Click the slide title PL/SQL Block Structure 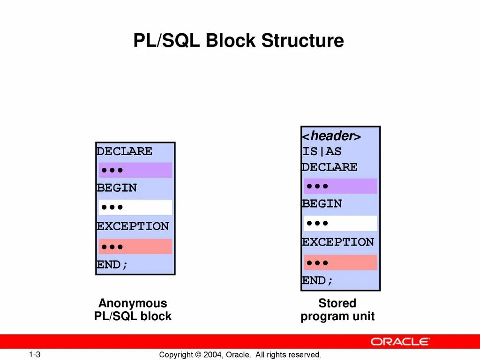tap(239, 41)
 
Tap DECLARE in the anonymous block tap(124, 151)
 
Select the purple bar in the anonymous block tap(135, 170)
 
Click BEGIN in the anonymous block tap(117, 188)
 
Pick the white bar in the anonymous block tap(135, 207)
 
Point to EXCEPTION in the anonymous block tap(133, 226)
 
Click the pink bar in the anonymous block tap(135, 247)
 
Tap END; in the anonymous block tap(112, 265)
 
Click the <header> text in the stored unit tap(331, 136)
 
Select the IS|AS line tap(322, 151)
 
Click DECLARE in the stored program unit tap(330, 167)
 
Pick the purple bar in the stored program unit tap(340, 186)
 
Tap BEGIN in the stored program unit tap(322, 204)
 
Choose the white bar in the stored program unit tap(340, 223)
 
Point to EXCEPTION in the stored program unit tap(338, 242)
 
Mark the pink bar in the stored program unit tap(340, 262)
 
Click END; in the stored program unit tap(317, 281)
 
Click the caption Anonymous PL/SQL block tap(133, 310)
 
